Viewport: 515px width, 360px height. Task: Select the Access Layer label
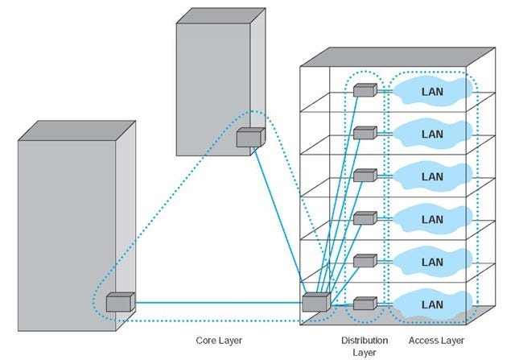pos(435,341)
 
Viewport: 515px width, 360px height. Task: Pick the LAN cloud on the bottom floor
pos(432,305)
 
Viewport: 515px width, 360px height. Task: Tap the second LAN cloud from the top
pos(432,134)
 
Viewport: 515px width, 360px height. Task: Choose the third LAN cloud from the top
pos(432,176)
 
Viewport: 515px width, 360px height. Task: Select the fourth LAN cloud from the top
pos(432,219)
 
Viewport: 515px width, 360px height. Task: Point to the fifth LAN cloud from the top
pos(432,262)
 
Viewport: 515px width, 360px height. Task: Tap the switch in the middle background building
pos(249,138)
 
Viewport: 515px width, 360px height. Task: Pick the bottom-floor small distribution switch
pos(365,304)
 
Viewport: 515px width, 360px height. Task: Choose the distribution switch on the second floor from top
pos(365,133)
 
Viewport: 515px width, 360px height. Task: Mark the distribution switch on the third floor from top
pos(365,176)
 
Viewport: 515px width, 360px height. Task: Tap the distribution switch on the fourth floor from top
pos(365,218)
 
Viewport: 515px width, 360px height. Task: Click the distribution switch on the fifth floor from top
pos(365,261)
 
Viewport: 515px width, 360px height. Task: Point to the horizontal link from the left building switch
pos(217,304)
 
